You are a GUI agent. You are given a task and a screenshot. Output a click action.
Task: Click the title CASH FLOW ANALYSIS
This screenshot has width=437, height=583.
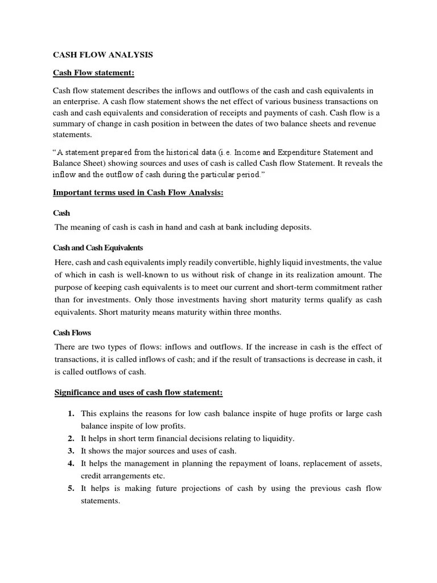103,55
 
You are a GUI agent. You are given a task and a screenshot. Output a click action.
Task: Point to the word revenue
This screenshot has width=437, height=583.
367,124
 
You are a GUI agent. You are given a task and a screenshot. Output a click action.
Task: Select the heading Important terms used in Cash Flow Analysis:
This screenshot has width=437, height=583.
138,193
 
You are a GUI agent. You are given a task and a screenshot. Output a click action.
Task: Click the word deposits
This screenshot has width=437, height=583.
294,227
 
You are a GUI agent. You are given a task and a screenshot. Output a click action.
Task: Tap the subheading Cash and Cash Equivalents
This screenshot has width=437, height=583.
98,248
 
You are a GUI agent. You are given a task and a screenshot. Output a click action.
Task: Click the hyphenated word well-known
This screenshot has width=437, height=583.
151,274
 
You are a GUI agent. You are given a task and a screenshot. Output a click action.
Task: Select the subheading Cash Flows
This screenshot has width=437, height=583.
72,332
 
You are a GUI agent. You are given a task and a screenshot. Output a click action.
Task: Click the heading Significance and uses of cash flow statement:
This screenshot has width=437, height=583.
138,393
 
